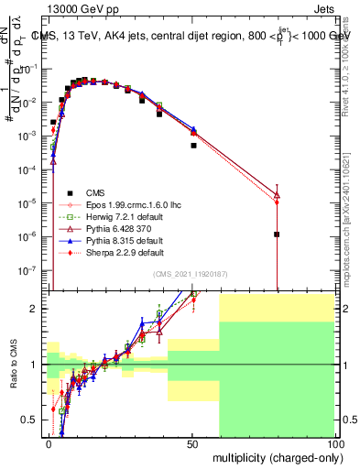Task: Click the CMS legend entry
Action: coord(95,192)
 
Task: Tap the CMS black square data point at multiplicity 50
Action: coord(193,145)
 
